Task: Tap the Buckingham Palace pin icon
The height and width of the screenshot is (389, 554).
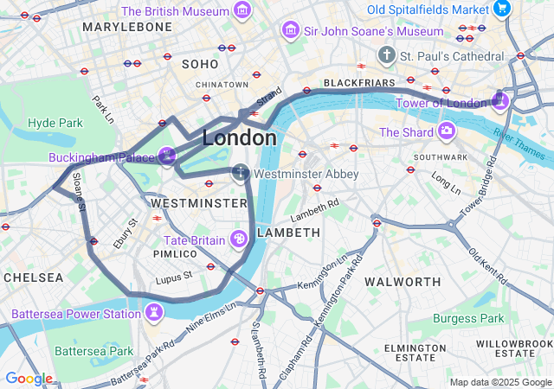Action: (167, 157)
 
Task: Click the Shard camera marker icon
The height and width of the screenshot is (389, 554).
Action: (447, 131)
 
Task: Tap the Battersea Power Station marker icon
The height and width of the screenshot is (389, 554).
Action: (154, 311)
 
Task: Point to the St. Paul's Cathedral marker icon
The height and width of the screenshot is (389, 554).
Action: (386, 55)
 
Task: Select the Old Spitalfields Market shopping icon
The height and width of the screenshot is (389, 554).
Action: (501, 9)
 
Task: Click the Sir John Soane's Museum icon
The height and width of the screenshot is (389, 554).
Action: (291, 31)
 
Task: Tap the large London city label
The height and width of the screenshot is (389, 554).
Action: (240, 137)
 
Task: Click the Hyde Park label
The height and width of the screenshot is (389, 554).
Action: (55, 123)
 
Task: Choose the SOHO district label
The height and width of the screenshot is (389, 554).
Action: (200, 64)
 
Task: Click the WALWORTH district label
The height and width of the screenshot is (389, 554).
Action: (403, 282)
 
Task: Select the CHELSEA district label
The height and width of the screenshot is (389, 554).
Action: (34, 277)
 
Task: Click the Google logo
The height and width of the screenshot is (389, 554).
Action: (29, 379)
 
